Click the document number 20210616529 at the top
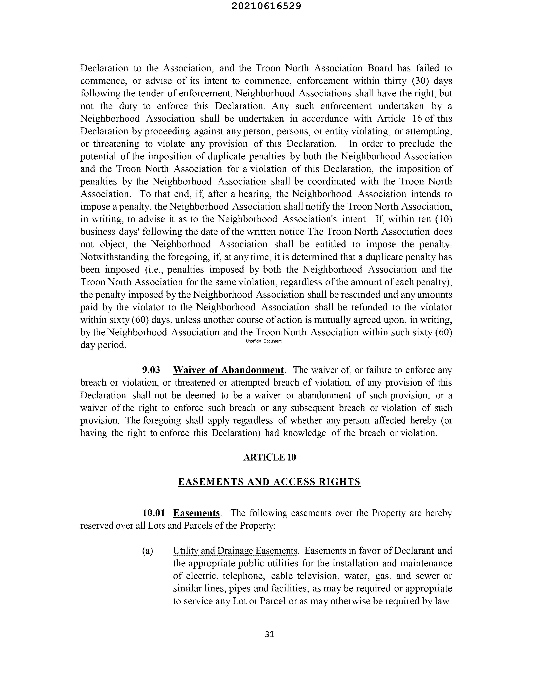tap(266, 6)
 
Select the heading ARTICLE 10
tap(269, 457)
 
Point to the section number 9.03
tap(151, 370)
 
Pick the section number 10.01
tap(153, 513)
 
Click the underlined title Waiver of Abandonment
tap(228, 370)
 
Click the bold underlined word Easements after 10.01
tap(197, 513)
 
